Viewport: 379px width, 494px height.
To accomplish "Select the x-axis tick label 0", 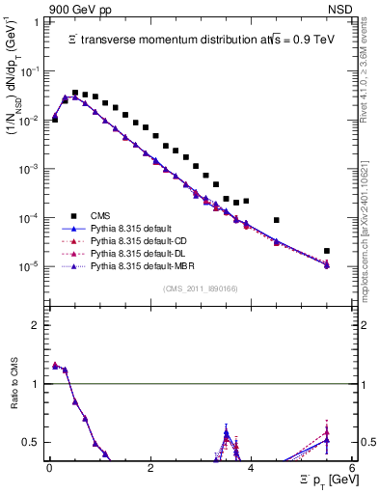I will pyautogui.click(x=49, y=470).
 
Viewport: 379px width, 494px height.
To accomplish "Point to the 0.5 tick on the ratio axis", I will pyautogui.click(x=35, y=442).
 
